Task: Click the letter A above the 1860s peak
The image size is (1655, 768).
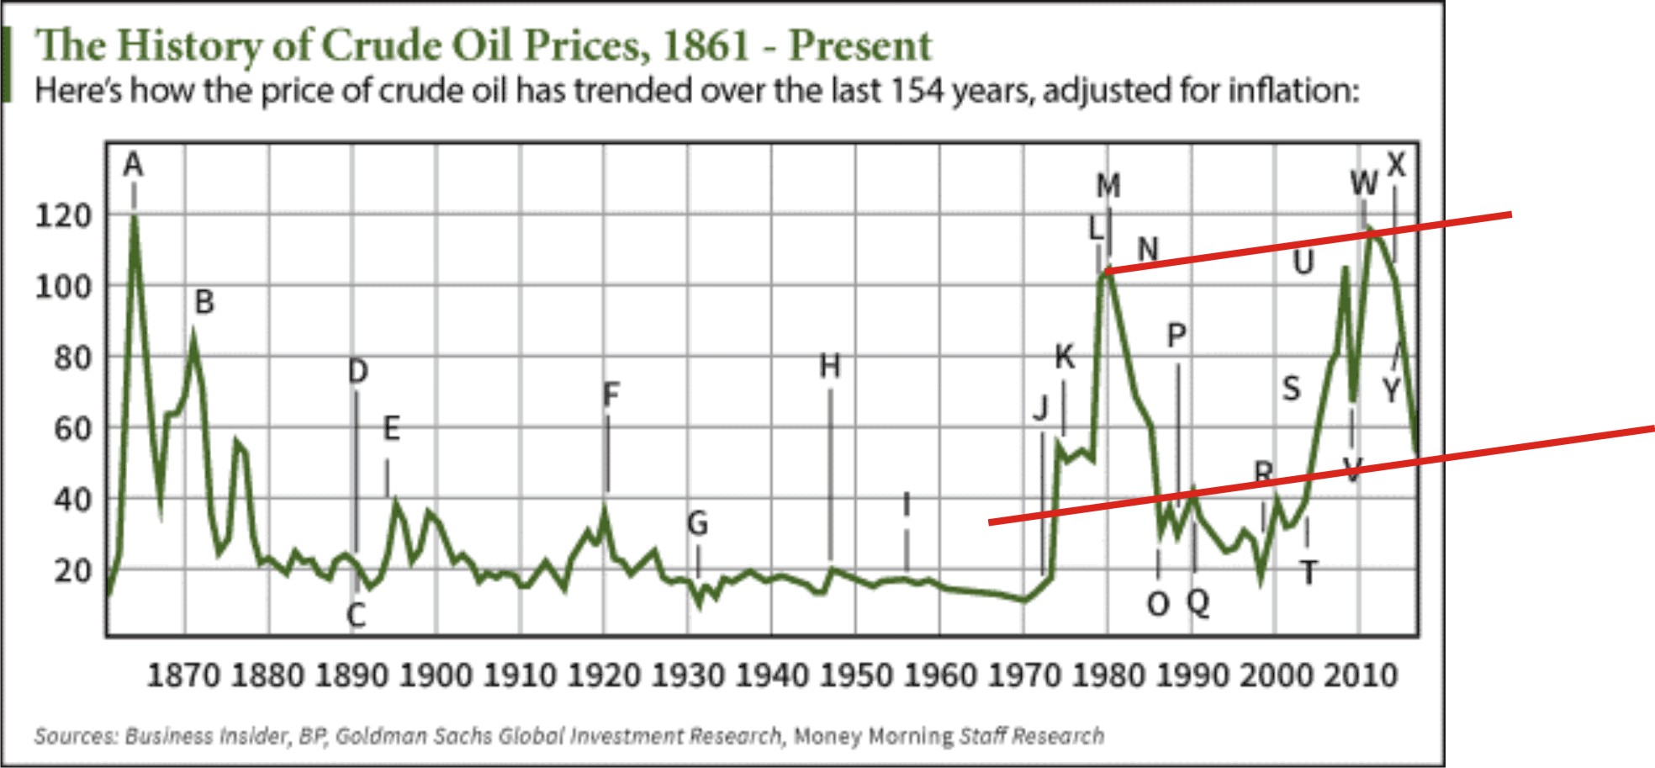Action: pyautogui.click(x=133, y=165)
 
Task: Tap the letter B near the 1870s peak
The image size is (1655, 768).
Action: pyautogui.click(x=204, y=301)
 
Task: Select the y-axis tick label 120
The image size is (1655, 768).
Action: pyautogui.click(x=63, y=216)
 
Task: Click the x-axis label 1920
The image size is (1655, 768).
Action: pyautogui.click(x=604, y=675)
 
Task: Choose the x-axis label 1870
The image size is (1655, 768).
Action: pyautogui.click(x=183, y=675)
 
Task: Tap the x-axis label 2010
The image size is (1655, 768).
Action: pyautogui.click(x=1361, y=675)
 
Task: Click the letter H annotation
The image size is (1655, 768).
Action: pyautogui.click(x=830, y=366)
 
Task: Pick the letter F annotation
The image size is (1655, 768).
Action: pyautogui.click(x=611, y=394)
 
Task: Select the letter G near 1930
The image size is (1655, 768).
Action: pyautogui.click(x=698, y=523)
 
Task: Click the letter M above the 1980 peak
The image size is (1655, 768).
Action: pyautogui.click(x=1108, y=185)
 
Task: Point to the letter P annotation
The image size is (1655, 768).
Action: pyautogui.click(x=1176, y=336)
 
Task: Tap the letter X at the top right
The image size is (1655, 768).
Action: pyautogui.click(x=1396, y=164)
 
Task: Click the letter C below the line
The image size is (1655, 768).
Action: pyautogui.click(x=357, y=616)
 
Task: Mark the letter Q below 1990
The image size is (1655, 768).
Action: pyautogui.click(x=1198, y=602)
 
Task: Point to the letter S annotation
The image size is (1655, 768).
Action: pyautogui.click(x=1291, y=389)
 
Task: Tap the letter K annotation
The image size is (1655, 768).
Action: pyautogui.click(x=1065, y=358)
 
